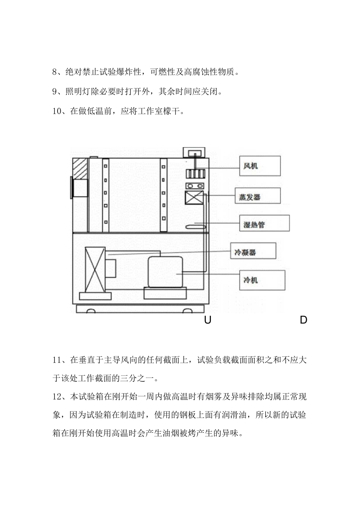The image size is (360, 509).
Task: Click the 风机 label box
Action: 260,165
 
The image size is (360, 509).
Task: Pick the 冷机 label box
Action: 262,280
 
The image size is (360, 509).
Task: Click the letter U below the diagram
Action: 207,320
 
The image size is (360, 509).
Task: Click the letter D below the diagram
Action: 303,320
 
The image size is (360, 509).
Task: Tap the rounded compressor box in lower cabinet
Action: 165,272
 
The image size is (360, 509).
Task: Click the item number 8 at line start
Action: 55,72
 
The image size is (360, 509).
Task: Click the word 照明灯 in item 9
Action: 84,92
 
